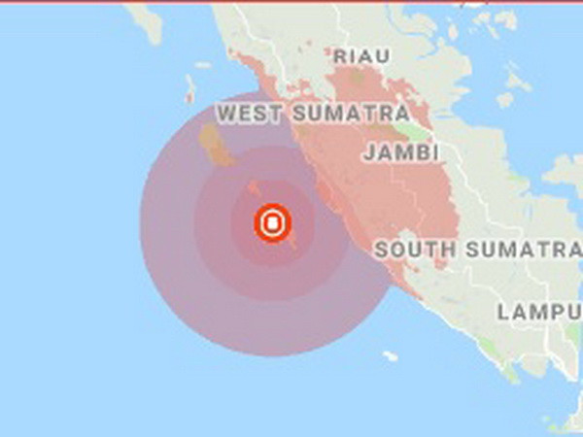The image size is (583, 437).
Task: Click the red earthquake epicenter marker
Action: tap(273, 223)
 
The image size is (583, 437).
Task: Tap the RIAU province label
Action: tap(361, 56)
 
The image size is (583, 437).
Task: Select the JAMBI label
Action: tap(401, 152)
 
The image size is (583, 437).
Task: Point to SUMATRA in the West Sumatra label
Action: tap(347, 114)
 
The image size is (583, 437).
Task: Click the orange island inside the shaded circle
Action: tap(216, 145)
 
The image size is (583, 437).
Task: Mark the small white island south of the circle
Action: tap(390, 356)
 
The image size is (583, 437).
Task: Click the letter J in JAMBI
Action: tap(369, 152)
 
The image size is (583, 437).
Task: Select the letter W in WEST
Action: tap(225, 114)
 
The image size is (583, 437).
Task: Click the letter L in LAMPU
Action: tap(503, 312)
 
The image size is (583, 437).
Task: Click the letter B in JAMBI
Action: tap(417, 152)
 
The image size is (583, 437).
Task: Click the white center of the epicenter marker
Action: tap(273, 223)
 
